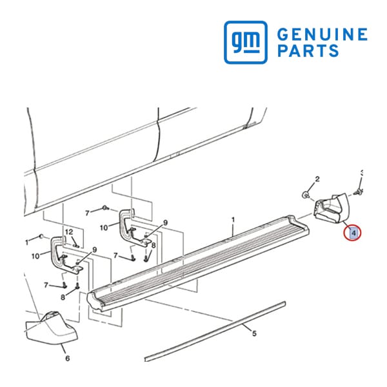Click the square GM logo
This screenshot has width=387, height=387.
pyautogui.click(x=246, y=42)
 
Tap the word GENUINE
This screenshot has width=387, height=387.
pyautogui.click(x=322, y=34)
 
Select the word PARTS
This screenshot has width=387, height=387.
pyautogui.click(x=308, y=50)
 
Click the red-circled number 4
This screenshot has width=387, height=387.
pyautogui.click(x=353, y=233)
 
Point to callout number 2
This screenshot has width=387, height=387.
pyautogui.click(x=317, y=179)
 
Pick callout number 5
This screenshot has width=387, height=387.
pyautogui.click(x=255, y=333)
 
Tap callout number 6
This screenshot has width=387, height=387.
pyautogui.click(x=68, y=358)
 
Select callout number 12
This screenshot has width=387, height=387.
pyautogui.click(x=69, y=232)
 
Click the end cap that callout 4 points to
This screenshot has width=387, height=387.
pyautogui.click(x=331, y=208)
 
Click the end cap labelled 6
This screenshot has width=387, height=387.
pyautogui.click(x=52, y=328)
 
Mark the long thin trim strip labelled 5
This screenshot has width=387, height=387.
pyautogui.click(x=215, y=332)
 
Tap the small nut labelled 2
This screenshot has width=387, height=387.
pyautogui.click(x=306, y=195)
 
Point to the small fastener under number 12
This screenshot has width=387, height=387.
pyautogui.click(x=75, y=245)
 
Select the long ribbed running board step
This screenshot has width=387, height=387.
pyautogui.click(x=198, y=263)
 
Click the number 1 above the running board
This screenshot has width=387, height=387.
pyautogui.click(x=233, y=219)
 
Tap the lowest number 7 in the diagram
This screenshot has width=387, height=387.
pyautogui.click(x=46, y=285)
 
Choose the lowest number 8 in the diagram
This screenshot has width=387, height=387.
pyautogui.click(x=63, y=297)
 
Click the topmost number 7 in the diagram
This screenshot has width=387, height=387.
pyautogui.click(x=87, y=213)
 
